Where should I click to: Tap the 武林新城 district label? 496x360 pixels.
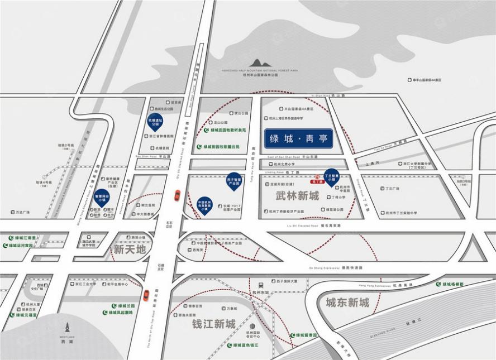click(297, 196)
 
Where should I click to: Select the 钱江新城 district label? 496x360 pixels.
click(213, 324)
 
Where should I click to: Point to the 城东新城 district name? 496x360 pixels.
click(347, 303)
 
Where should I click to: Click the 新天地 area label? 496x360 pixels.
click(129, 249)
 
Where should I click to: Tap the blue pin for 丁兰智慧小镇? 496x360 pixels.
click(331, 175)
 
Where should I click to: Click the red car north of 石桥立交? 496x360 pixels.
click(177, 195)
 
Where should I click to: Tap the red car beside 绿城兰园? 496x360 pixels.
click(146, 295)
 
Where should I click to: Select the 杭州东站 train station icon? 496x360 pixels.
click(260, 284)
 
